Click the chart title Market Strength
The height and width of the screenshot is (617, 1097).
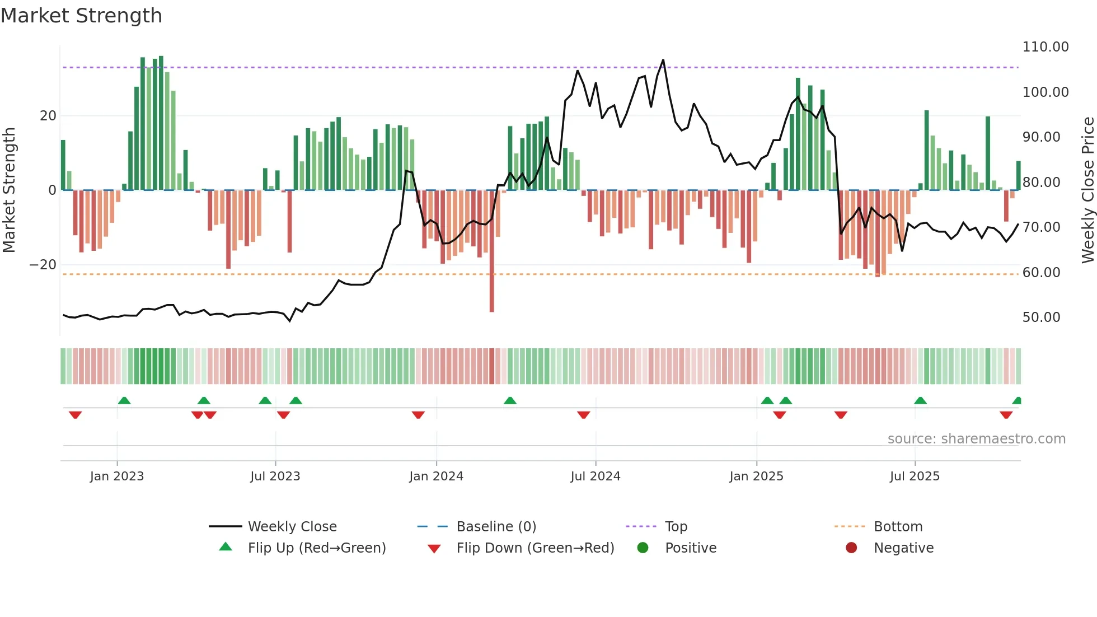pos(81,16)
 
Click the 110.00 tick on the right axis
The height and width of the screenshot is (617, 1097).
pos(1045,47)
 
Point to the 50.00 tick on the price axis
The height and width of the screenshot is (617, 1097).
pos(1041,317)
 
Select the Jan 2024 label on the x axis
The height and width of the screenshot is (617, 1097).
pos(436,476)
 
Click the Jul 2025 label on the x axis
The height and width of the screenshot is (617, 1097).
pos(915,476)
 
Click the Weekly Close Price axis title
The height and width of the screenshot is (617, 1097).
pos(1087,190)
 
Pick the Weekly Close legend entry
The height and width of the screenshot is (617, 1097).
pos(292,527)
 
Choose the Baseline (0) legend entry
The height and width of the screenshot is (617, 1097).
pos(496,527)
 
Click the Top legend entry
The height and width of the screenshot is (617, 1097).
pos(676,527)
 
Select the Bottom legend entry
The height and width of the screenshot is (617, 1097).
pos(898,527)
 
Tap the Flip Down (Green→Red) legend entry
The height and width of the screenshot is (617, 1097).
pos(535,548)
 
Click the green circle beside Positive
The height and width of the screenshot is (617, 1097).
pos(643,548)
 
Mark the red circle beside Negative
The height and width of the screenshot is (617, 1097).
pos(851,548)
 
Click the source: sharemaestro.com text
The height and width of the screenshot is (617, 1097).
pos(976,439)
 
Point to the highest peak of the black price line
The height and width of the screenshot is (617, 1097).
pos(663,60)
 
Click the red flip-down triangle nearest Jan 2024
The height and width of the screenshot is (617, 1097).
pos(418,415)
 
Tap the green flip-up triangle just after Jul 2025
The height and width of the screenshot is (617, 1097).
pos(920,400)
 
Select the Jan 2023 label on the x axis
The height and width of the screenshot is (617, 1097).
pos(117,476)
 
